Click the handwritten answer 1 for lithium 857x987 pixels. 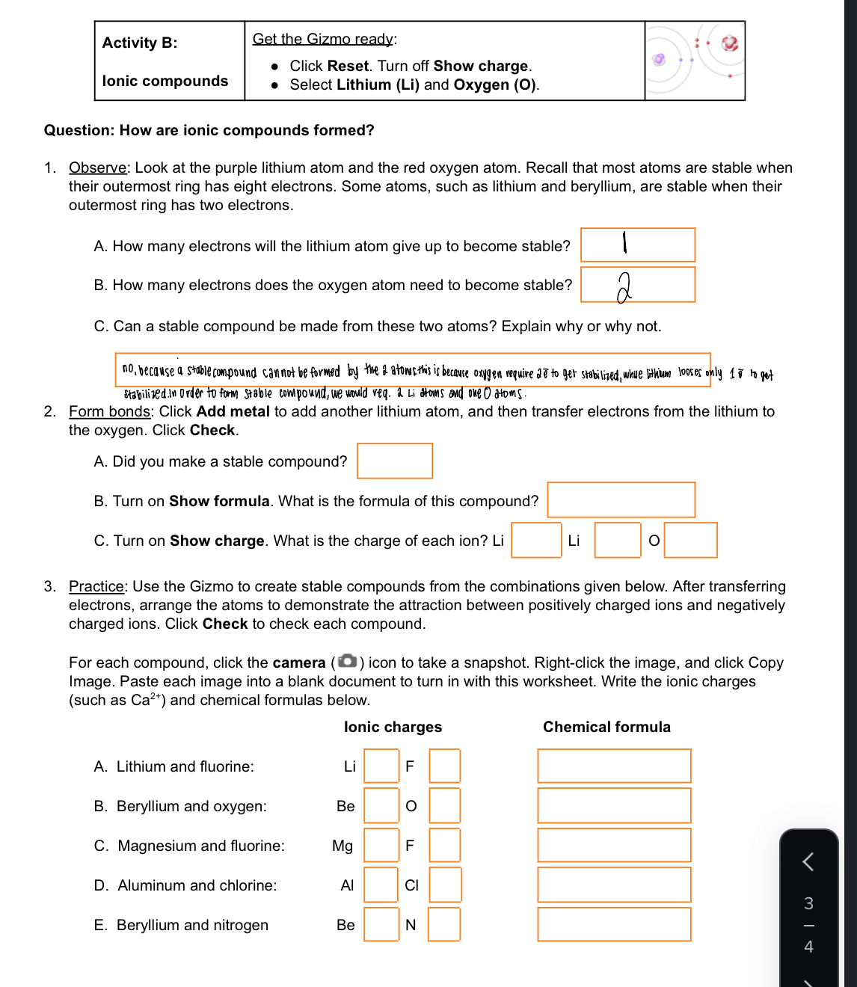point(624,243)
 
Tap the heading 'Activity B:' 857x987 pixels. point(140,43)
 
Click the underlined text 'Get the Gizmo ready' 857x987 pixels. point(322,39)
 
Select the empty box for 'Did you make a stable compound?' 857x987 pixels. point(395,461)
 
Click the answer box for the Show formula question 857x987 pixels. point(621,500)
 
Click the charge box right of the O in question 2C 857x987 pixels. point(690,540)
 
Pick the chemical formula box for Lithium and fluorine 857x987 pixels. point(614,766)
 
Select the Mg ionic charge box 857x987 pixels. point(381,845)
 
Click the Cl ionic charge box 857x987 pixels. point(445,885)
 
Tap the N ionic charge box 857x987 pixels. point(444,924)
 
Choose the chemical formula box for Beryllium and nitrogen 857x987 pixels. point(614,924)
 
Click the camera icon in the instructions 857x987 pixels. point(347,662)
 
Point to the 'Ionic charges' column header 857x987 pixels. point(393,727)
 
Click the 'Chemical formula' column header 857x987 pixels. point(606,727)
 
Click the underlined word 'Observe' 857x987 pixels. point(97,167)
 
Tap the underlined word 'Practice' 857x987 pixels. point(96,586)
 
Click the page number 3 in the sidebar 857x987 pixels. point(808,903)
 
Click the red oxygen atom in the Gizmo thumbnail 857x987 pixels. point(730,43)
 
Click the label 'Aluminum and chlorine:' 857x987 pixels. point(197,885)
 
